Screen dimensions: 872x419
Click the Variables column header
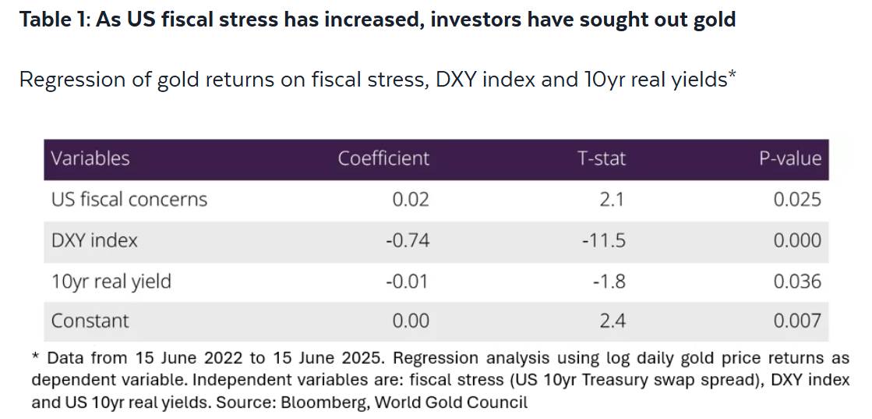pos(90,158)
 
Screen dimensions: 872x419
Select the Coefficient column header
pos(383,158)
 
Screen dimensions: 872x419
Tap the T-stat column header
pos(601,158)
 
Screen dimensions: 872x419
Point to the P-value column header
pos(790,159)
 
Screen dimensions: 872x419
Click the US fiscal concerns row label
pos(129,200)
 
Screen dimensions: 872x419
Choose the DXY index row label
pos(94,240)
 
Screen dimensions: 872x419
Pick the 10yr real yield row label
pos(111,282)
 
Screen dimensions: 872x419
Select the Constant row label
pos(90,321)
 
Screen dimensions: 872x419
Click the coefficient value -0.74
pos(407,240)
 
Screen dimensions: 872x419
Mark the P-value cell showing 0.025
pos(797,200)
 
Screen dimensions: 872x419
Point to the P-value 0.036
pos(797,282)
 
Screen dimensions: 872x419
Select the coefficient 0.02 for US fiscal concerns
pos(411,200)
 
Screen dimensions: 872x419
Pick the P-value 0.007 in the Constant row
pos(797,321)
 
